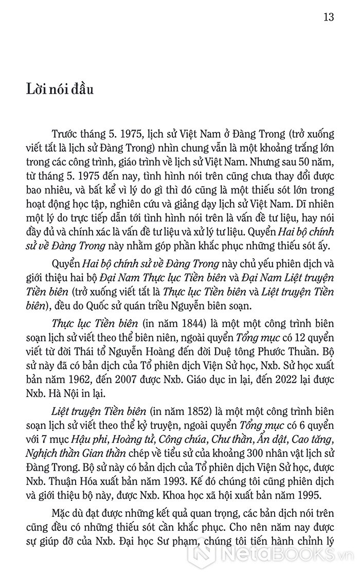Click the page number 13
(x=329, y=16)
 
